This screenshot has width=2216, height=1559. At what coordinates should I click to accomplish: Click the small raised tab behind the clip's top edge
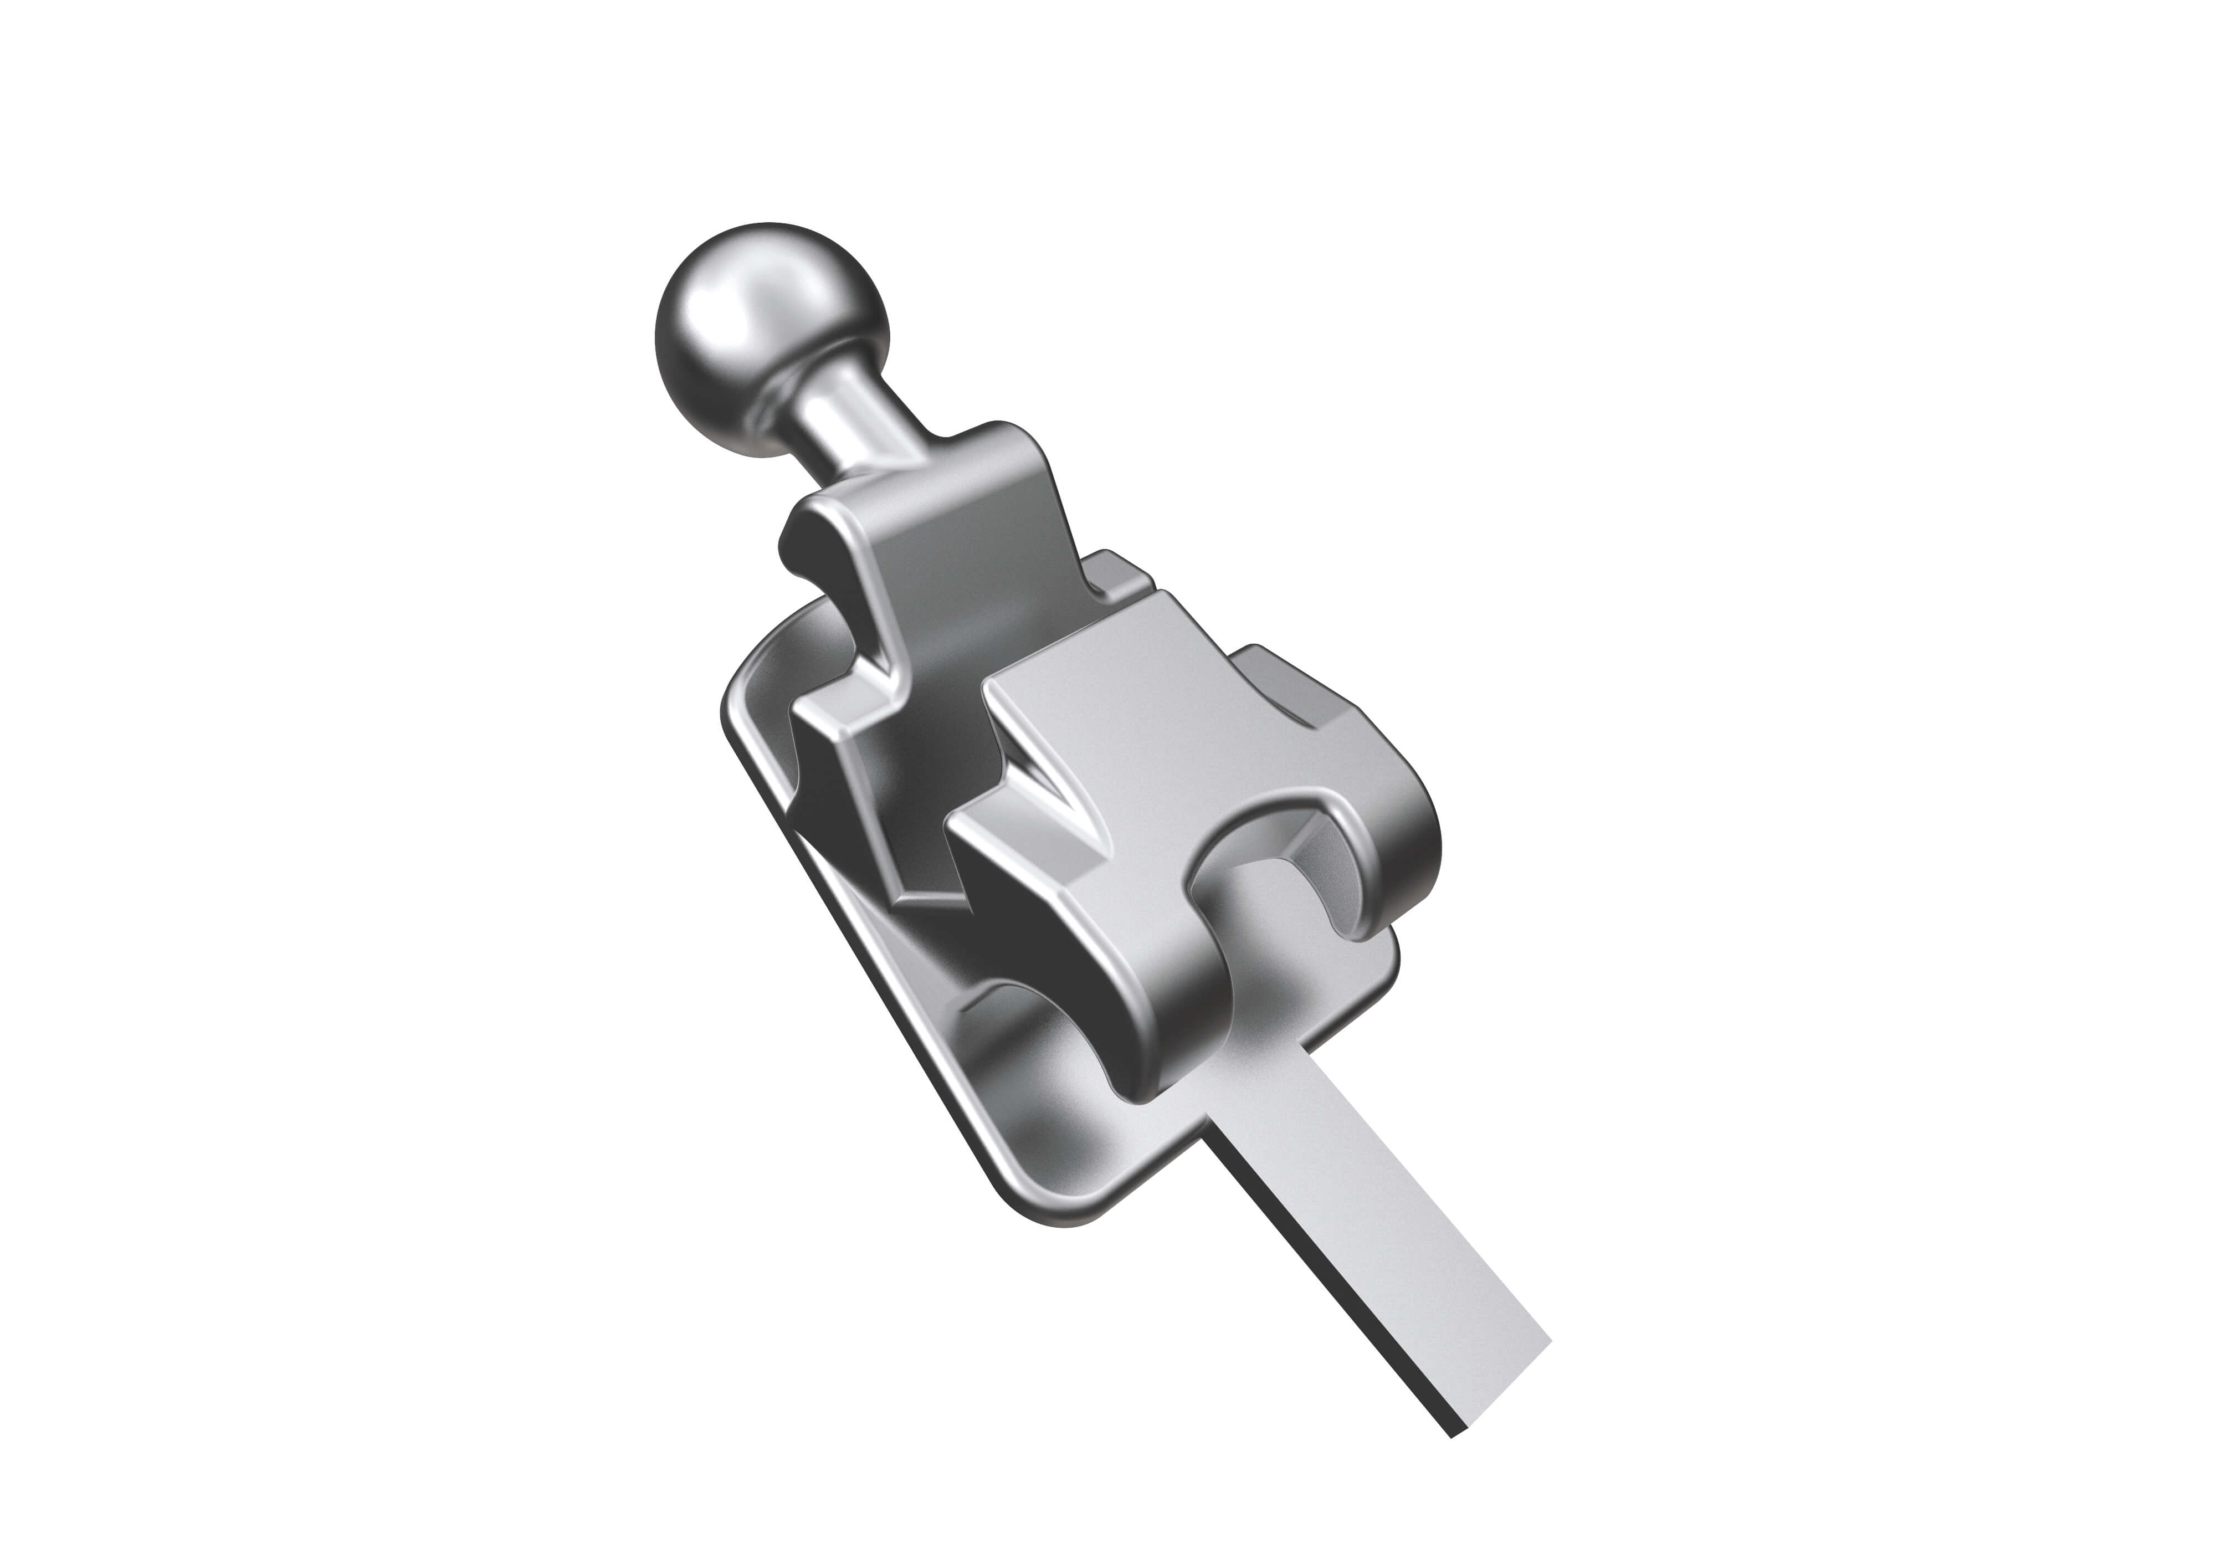1120,570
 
